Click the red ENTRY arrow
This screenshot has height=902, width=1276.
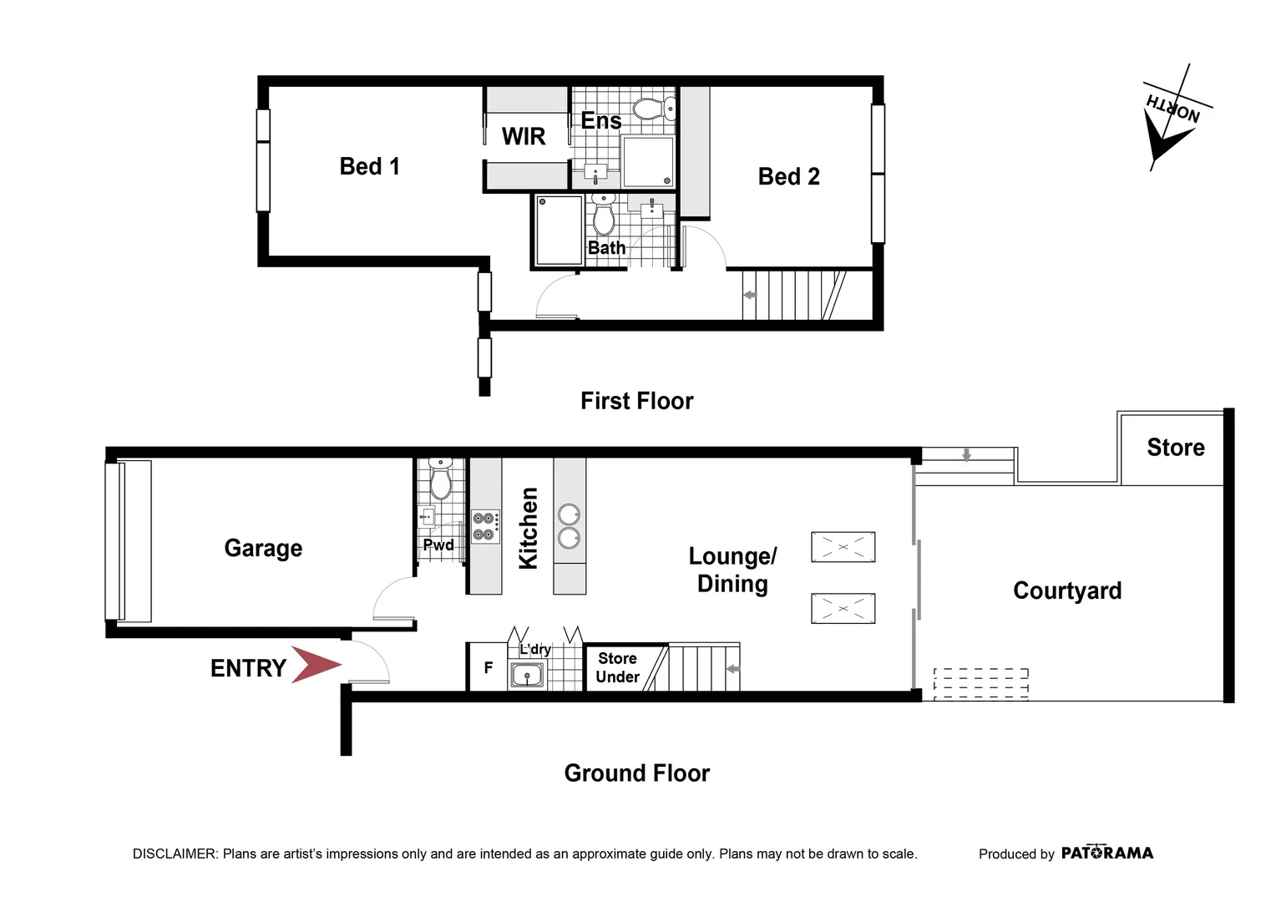click(316, 665)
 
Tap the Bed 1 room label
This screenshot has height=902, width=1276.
click(369, 166)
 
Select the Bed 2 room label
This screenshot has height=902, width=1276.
click(788, 176)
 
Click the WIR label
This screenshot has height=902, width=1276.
click(524, 136)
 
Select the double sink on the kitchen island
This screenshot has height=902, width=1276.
click(570, 526)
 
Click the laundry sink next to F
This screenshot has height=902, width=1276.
click(527, 675)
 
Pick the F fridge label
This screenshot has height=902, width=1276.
click(489, 668)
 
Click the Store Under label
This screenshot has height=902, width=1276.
click(618, 668)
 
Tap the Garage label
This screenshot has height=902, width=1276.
click(263, 548)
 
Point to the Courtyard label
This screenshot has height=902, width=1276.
click(1067, 590)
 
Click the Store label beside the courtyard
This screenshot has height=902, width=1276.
click(1175, 448)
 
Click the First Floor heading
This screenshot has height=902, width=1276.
click(636, 401)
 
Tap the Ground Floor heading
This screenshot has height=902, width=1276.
click(636, 773)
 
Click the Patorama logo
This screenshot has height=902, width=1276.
click(1106, 853)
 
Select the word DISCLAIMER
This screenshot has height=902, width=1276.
click(175, 854)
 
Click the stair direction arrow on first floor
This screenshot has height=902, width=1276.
click(749, 295)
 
